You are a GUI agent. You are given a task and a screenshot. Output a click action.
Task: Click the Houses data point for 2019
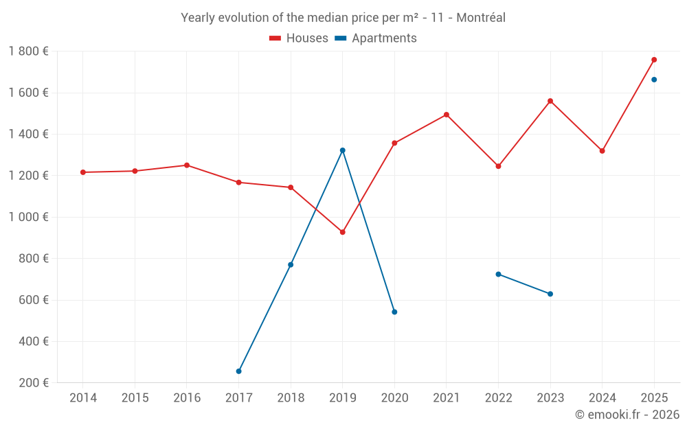pyautogui.click(x=342, y=232)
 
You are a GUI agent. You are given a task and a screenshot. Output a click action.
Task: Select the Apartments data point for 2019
pyautogui.click(x=342, y=150)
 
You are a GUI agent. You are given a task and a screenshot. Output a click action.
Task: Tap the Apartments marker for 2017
pyautogui.click(x=238, y=371)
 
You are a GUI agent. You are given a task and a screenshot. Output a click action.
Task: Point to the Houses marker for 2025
pyautogui.click(x=654, y=60)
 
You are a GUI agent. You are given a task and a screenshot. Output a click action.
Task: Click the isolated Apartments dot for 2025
pyautogui.click(x=654, y=80)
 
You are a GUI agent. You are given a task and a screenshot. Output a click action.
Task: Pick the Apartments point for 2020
pyautogui.click(x=394, y=312)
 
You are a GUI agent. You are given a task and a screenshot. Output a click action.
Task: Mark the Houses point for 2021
pyautogui.click(x=447, y=115)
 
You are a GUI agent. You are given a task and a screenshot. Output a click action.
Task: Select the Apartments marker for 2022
pyautogui.click(x=498, y=274)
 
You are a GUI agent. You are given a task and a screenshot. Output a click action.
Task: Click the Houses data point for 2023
pyautogui.click(x=550, y=101)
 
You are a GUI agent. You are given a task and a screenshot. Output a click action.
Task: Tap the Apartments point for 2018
pyautogui.click(x=291, y=265)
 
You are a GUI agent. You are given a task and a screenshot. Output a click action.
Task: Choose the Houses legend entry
pyautogui.click(x=299, y=38)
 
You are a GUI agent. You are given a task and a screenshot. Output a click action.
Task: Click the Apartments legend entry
pyautogui.click(x=376, y=38)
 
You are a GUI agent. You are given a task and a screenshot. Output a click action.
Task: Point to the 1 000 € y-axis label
pyautogui.click(x=28, y=217)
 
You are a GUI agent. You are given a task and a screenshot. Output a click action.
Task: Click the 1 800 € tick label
pyautogui.click(x=28, y=51)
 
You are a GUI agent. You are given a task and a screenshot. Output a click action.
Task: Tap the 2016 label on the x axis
pyautogui.click(x=187, y=398)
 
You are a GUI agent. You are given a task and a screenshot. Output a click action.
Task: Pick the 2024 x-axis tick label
pyautogui.click(x=602, y=398)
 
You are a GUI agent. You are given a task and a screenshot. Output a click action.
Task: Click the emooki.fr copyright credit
pyautogui.click(x=627, y=415)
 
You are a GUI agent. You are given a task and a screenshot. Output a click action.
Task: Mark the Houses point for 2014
pyautogui.click(x=83, y=172)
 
